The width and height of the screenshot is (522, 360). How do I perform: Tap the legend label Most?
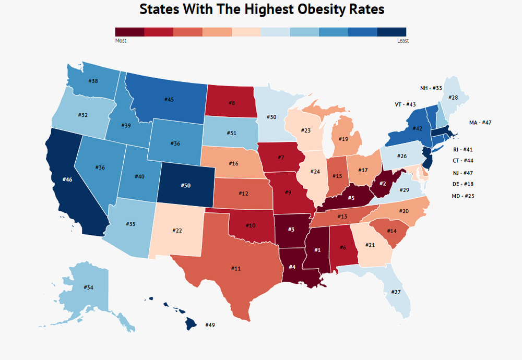pos(120,40)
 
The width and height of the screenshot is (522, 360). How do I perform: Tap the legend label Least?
pos(402,40)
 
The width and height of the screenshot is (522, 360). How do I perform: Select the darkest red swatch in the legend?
pos(129,33)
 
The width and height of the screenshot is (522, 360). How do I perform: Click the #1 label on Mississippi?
pos(317,249)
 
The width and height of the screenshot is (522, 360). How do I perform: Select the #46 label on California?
pos(67,179)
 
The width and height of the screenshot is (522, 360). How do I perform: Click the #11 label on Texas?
pos(236,268)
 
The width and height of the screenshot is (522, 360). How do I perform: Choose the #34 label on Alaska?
pos(89,287)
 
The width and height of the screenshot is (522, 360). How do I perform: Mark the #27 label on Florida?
pos(396,292)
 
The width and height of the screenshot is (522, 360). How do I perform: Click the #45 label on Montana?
pos(169,99)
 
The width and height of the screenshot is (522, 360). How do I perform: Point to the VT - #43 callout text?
pos(405,105)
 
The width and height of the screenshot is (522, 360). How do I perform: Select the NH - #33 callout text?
pos(431,88)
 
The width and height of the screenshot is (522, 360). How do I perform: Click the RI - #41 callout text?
pos(464,149)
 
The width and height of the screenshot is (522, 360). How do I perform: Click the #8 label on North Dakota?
pos(231,103)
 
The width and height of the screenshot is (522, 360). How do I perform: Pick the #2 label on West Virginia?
pos(382,183)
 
